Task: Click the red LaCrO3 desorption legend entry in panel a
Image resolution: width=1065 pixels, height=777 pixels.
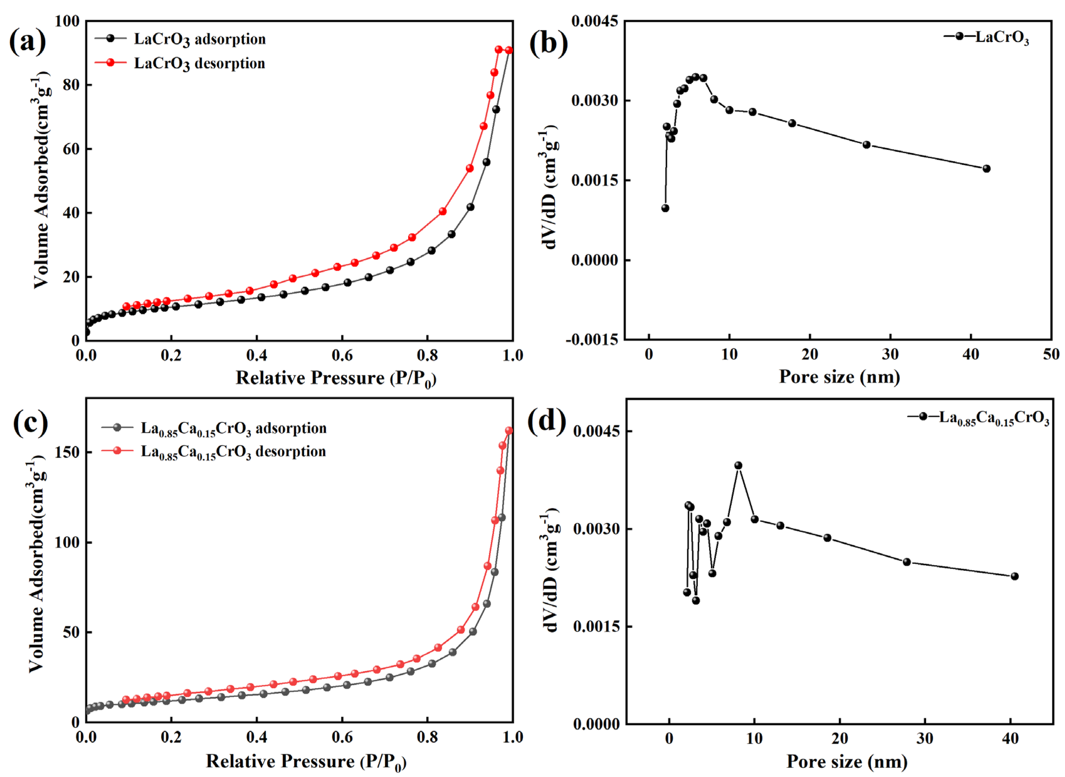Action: tap(199, 63)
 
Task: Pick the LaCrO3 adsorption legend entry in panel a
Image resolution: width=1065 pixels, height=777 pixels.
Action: tap(199, 39)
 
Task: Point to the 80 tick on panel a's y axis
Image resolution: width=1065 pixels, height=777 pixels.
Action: tap(71, 85)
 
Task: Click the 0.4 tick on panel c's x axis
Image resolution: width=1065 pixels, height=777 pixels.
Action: tap(257, 737)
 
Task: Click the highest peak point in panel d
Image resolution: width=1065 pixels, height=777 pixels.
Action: tap(738, 466)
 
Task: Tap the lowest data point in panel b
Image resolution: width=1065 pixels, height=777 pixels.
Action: tap(665, 208)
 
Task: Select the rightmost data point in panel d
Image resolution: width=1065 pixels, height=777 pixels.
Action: tap(1014, 576)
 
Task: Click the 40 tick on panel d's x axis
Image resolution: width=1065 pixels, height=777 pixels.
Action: tap(1010, 738)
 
